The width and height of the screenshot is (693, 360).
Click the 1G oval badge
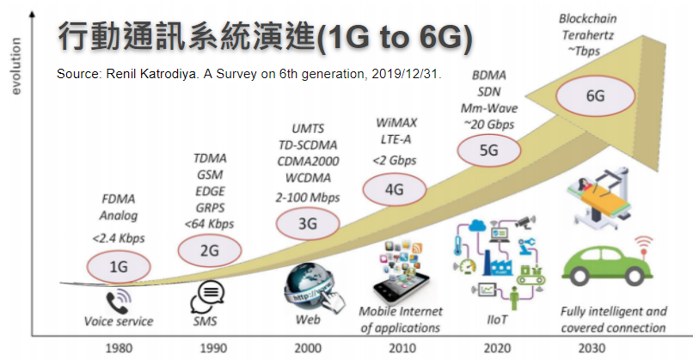(x=119, y=267)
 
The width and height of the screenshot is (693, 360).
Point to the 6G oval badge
(x=596, y=95)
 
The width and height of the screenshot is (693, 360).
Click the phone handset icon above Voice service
(x=117, y=301)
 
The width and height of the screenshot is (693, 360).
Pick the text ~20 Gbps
(x=488, y=125)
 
